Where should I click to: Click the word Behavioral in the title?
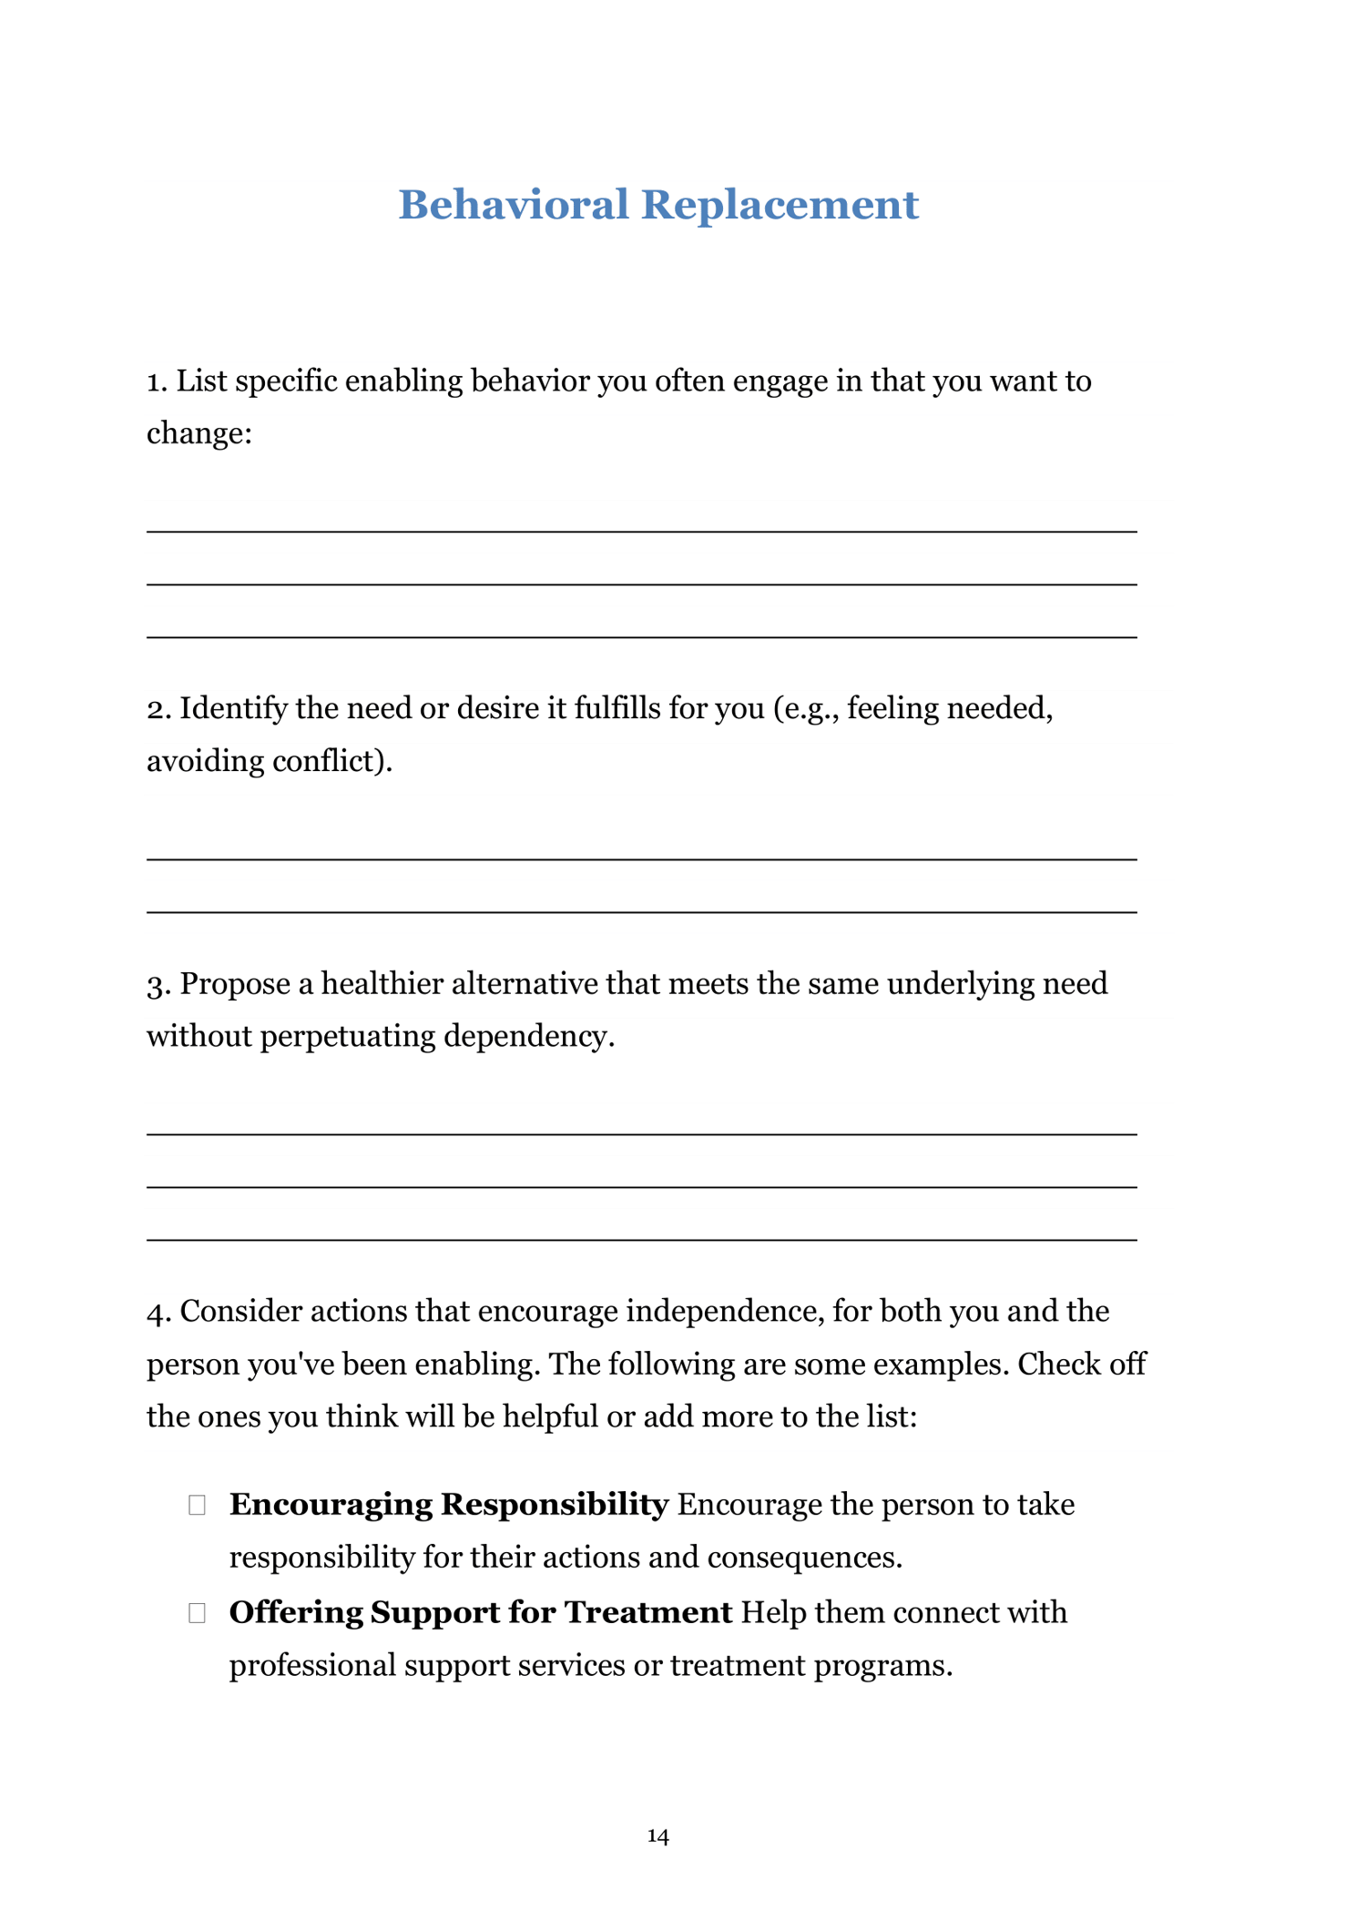tap(514, 205)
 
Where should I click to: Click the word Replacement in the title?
tap(780, 205)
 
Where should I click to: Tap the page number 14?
tap(658, 1836)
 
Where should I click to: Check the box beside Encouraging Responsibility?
tap(197, 1506)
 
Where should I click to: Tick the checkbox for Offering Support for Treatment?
tap(197, 1613)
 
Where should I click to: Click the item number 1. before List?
tap(158, 381)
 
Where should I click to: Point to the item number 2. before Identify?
tap(159, 709)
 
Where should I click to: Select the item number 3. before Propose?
tap(159, 985)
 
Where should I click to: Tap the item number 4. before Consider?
tap(159, 1313)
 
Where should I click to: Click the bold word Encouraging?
tap(331, 1506)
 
